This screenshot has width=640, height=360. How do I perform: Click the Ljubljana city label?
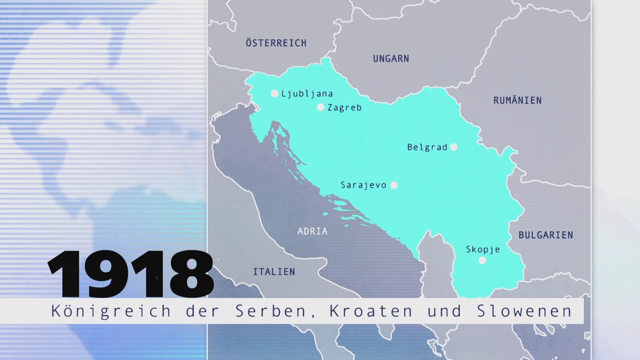(x=307, y=94)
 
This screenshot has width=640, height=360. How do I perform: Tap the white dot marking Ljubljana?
(x=275, y=93)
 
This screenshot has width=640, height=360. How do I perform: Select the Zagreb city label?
(x=344, y=108)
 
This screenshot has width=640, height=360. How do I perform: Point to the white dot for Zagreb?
(x=320, y=107)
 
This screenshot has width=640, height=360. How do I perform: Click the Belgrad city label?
(x=427, y=148)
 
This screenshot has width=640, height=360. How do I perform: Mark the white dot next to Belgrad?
(x=453, y=147)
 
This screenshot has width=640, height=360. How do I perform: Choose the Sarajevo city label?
(x=364, y=185)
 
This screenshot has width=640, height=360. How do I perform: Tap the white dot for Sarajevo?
(x=393, y=185)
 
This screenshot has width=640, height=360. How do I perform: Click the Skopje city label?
(x=483, y=250)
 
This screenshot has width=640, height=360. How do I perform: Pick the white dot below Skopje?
(x=482, y=260)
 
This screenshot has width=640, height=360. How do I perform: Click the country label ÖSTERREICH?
(x=276, y=43)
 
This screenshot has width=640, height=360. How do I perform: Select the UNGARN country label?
(x=391, y=59)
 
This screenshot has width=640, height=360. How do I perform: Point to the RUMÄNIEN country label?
(x=517, y=100)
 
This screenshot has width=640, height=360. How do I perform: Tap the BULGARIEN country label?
(x=546, y=235)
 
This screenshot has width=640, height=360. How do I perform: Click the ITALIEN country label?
(x=274, y=272)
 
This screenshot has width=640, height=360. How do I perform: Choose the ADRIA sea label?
(x=312, y=231)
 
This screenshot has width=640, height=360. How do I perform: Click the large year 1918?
(x=131, y=274)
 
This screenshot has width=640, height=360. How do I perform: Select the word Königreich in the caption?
(x=111, y=311)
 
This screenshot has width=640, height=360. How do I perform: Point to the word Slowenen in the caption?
(x=524, y=311)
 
